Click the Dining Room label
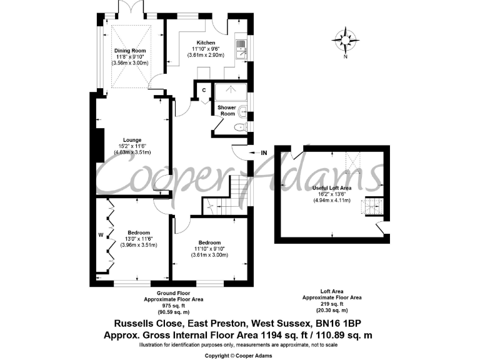click(131, 51)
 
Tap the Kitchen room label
click(206, 42)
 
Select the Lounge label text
click(132, 139)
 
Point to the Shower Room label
click(226, 111)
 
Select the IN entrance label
click(264, 152)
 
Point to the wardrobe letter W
click(100, 236)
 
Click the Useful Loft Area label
click(331, 187)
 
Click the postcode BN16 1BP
click(338, 323)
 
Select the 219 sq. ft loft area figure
click(332, 304)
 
